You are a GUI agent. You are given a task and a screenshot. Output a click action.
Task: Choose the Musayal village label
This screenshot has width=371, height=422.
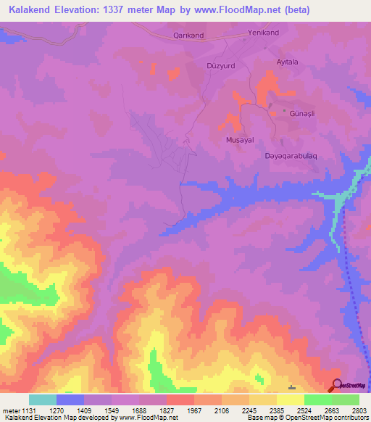coord(239,139)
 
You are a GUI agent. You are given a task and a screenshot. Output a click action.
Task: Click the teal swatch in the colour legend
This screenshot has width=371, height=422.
coord(43,400)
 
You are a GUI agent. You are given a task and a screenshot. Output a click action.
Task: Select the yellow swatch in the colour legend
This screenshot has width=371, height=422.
coord(291,400)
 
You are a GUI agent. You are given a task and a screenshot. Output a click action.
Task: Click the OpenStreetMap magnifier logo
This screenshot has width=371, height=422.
coord(337,386)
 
